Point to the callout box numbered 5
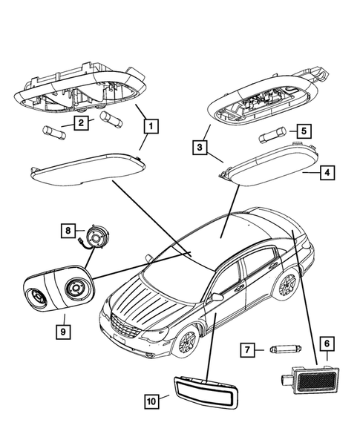(304, 132)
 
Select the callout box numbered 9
(65, 329)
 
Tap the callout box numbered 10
(151, 401)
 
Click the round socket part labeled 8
(96, 237)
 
